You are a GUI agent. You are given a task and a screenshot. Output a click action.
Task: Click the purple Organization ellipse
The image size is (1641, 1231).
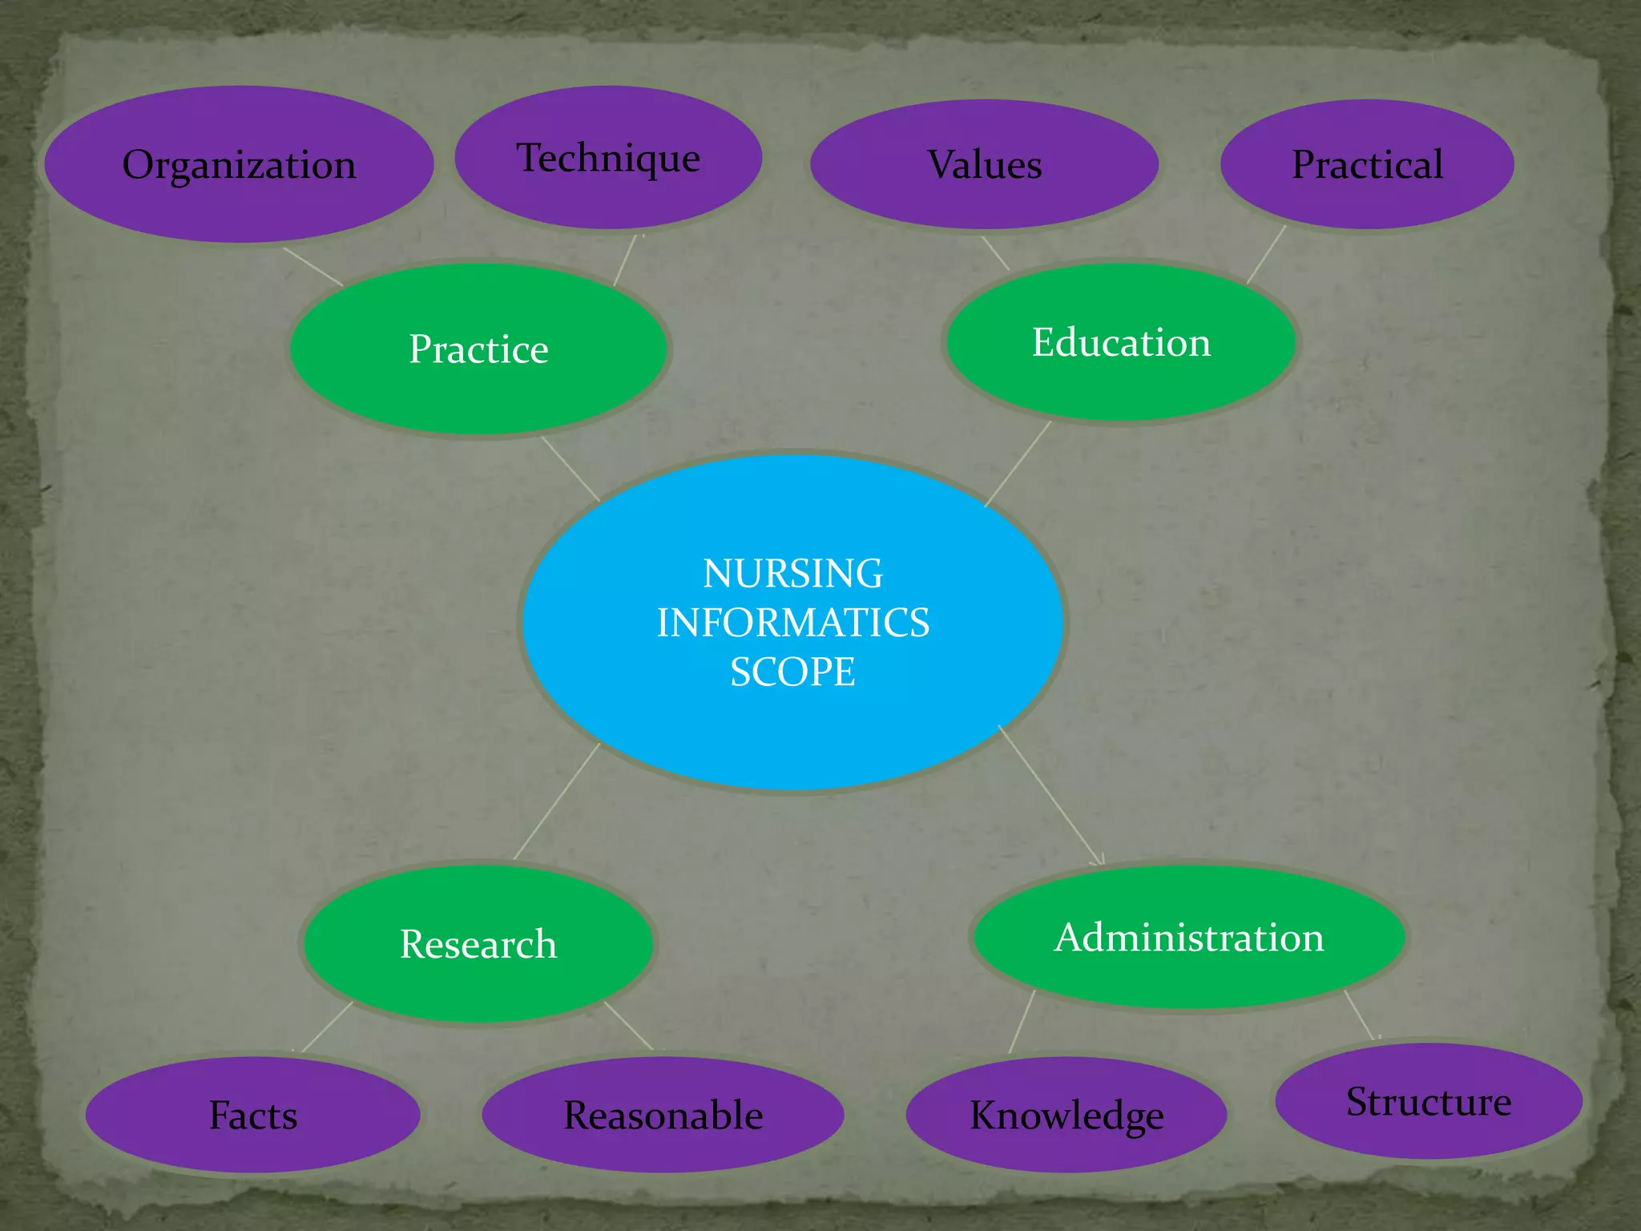click(x=239, y=164)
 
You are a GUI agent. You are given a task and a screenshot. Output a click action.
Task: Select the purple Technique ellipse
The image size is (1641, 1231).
click(x=608, y=158)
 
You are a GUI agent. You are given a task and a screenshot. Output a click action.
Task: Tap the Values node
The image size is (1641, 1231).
click(x=984, y=164)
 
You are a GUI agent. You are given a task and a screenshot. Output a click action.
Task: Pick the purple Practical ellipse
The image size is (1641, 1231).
click(x=1367, y=164)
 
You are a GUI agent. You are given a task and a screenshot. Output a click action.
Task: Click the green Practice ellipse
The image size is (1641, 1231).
click(x=478, y=349)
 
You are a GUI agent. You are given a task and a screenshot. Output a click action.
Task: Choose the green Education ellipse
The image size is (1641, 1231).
click(x=1120, y=342)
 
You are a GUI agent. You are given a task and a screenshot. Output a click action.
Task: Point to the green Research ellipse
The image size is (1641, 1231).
click(x=478, y=943)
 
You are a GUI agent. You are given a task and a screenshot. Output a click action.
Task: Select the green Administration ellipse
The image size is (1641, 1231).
click(x=1189, y=937)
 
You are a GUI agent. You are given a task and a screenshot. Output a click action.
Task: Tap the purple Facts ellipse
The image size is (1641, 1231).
click(x=252, y=1115)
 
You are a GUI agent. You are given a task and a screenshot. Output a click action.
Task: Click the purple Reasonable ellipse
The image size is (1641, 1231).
click(x=663, y=1115)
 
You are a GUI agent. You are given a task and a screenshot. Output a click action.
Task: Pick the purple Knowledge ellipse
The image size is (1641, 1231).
click(x=1066, y=1115)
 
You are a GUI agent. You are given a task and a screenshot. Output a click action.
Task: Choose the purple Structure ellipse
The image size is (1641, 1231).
click(x=1429, y=1101)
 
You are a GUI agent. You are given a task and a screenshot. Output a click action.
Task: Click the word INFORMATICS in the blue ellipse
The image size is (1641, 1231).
click(x=793, y=623)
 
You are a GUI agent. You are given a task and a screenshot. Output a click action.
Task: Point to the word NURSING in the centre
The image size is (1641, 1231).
click(x=793, y=574)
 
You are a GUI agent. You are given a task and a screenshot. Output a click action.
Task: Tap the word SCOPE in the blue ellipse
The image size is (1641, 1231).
click(x=793, y=672)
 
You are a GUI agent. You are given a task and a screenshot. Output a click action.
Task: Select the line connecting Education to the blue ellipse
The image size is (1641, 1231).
click(x=1018, y=464)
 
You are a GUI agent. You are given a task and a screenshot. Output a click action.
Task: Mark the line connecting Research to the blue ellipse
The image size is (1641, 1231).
click(x=557, y=801)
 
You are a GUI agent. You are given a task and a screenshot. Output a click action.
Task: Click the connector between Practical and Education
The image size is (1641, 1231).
click(x=1267, y=254)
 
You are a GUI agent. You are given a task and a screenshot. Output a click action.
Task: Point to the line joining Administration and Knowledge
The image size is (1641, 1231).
click(x=1022, y=1022)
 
